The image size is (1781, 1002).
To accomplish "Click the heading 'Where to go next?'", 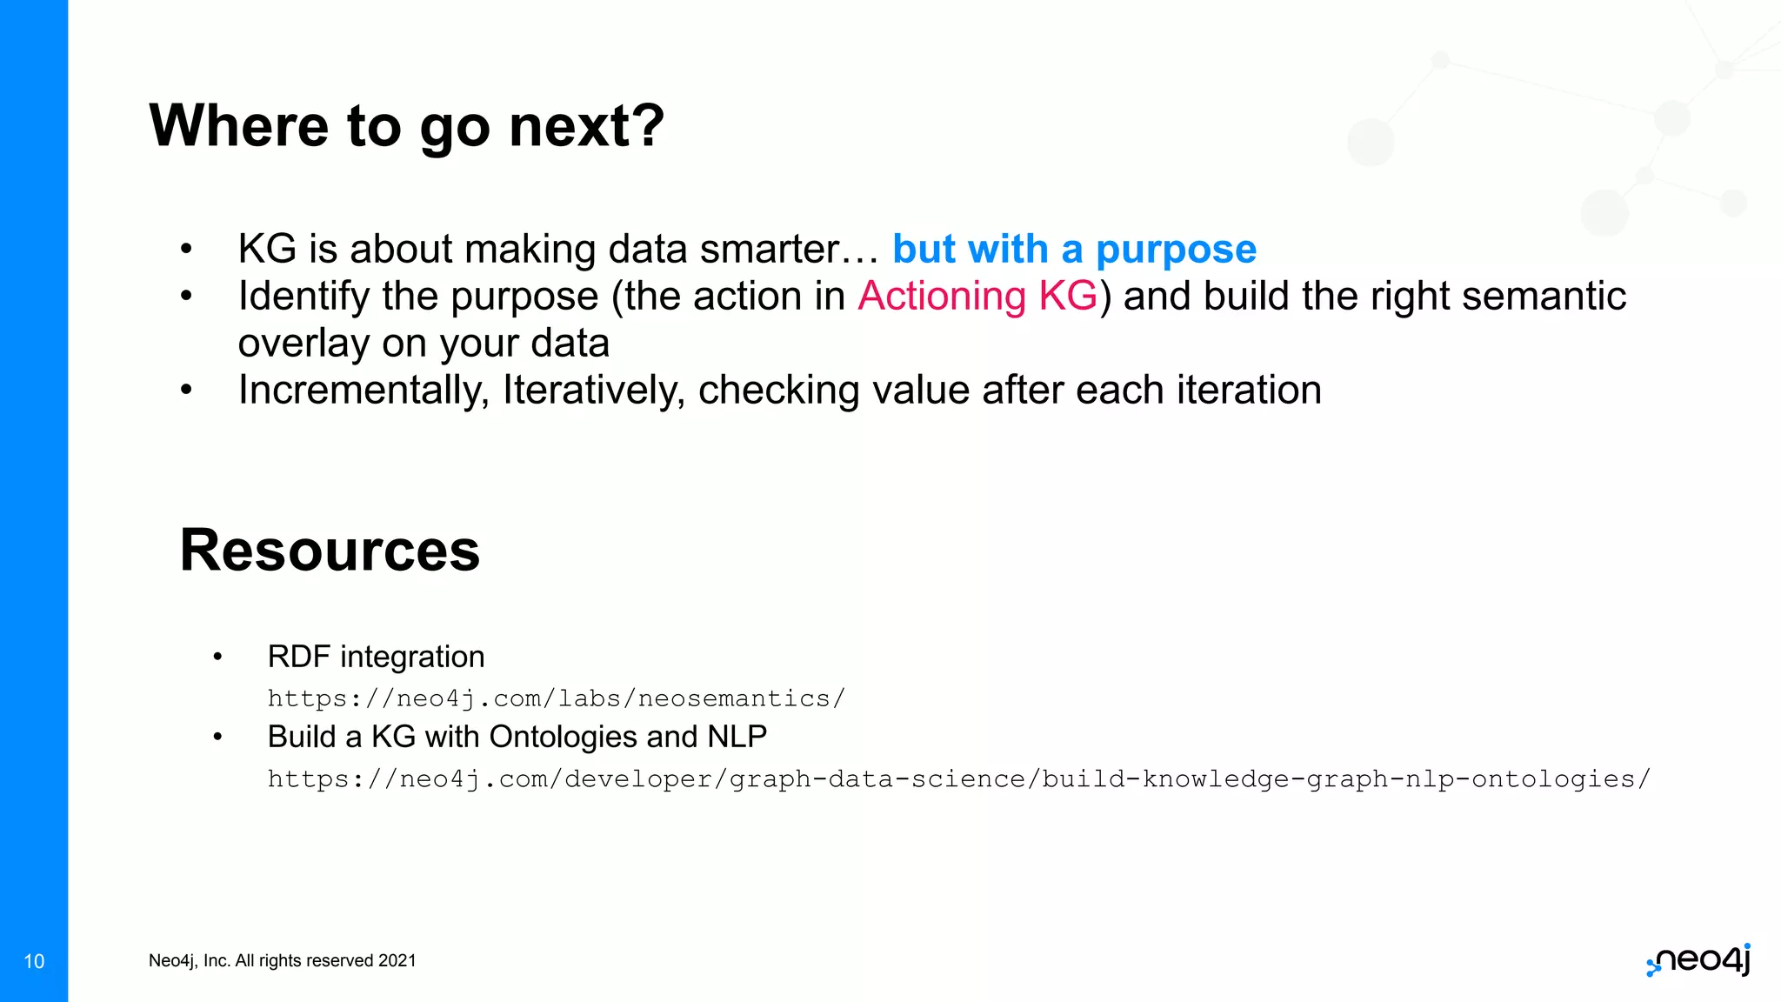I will pos(406,126).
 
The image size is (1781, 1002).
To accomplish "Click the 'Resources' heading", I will pos(330,551).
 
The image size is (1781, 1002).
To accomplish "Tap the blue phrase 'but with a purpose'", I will pos(1074,250).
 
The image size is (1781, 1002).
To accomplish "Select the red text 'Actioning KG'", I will pos(977,296).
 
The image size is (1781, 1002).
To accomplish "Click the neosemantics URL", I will pos(556,698).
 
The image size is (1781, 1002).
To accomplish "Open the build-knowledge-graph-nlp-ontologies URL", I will pos(958,778).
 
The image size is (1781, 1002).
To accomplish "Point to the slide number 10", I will pos(34,961).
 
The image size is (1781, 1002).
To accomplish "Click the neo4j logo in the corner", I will pos(1698,960).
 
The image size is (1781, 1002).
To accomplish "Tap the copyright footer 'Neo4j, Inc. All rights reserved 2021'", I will pos(282,960).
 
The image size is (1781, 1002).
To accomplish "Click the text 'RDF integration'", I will pos(376,657).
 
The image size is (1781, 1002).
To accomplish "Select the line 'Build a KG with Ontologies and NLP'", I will pos(517,737).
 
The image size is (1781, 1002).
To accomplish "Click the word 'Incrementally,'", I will pos(364,390).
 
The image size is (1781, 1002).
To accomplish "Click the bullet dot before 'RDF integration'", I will pos(217,657).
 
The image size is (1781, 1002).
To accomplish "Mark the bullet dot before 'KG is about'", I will pos(185,250).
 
